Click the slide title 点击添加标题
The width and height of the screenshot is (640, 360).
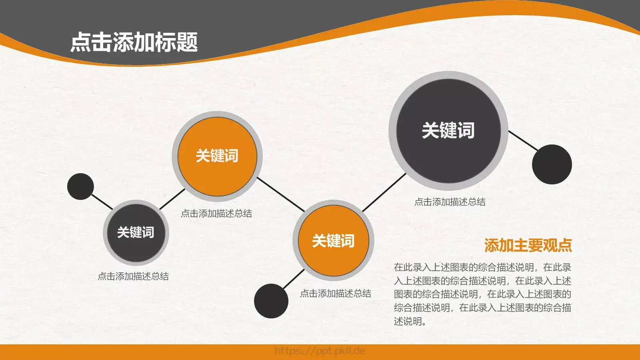coord(134,42)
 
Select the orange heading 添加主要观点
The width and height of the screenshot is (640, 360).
coord(528,245)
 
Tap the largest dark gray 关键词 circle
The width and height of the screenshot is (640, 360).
coord(448,130)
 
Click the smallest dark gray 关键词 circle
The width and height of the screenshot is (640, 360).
coord(136,232)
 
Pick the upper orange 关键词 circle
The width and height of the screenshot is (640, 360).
coord(217,156)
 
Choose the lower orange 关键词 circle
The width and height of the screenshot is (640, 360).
coord(333,241)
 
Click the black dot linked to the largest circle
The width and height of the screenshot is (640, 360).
coord(552,164)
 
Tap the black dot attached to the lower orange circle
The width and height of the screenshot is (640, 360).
coord(271,301)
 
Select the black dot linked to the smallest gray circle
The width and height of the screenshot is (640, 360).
coord(80,186)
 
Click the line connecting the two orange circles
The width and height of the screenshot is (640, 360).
coord(280,194)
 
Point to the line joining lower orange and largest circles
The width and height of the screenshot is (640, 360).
coord(384,192)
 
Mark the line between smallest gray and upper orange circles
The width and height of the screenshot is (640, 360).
coord(172,199)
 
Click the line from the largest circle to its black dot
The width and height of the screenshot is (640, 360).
coord(523,140)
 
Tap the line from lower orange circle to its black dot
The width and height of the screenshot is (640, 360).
coord(293,279)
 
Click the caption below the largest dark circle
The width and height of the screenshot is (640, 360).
coord(450,202)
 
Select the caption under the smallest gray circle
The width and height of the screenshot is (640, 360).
coord(133,276)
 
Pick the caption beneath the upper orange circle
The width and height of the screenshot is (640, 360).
coord(216,214)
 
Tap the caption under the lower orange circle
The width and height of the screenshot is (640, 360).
coord(335,294)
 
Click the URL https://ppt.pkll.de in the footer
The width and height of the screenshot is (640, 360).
coord(320,351)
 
